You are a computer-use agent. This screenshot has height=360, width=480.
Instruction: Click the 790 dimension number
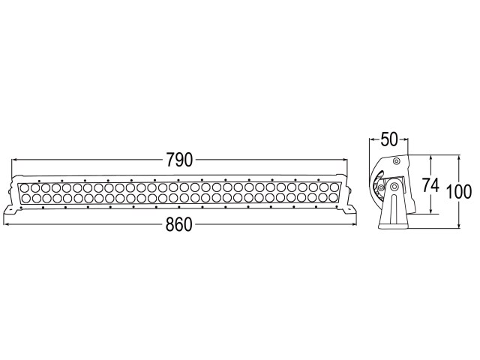[180, 160]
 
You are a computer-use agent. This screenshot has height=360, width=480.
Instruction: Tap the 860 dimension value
[179, 224]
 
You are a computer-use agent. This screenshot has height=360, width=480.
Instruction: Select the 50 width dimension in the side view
[388, 139]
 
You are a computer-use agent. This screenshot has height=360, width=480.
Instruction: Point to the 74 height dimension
[430, 185]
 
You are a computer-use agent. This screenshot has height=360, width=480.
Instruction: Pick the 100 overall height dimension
[459, 192]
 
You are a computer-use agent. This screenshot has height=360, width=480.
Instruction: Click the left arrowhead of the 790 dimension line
[14, 160]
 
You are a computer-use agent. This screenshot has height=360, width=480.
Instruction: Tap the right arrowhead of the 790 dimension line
[345, 160]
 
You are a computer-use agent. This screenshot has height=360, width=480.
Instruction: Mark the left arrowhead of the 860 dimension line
[6, 225]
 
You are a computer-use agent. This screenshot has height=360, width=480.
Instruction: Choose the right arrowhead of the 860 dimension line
[354, 224]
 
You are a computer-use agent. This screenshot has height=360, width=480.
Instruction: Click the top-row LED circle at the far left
[25, 188]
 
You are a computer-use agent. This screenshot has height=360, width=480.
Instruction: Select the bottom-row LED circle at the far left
[25, 198]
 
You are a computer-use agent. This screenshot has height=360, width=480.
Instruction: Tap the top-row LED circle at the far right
[334, 187]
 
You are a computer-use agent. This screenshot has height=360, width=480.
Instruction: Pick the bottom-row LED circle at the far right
[334, 197]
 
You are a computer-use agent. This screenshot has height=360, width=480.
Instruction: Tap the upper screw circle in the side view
[397, 161]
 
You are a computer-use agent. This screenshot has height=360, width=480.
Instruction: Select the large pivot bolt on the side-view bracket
[394, 185]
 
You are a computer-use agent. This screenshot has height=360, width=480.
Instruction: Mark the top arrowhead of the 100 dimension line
[459, 158]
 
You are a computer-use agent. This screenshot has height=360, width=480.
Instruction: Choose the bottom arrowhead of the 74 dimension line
[430, 211]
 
